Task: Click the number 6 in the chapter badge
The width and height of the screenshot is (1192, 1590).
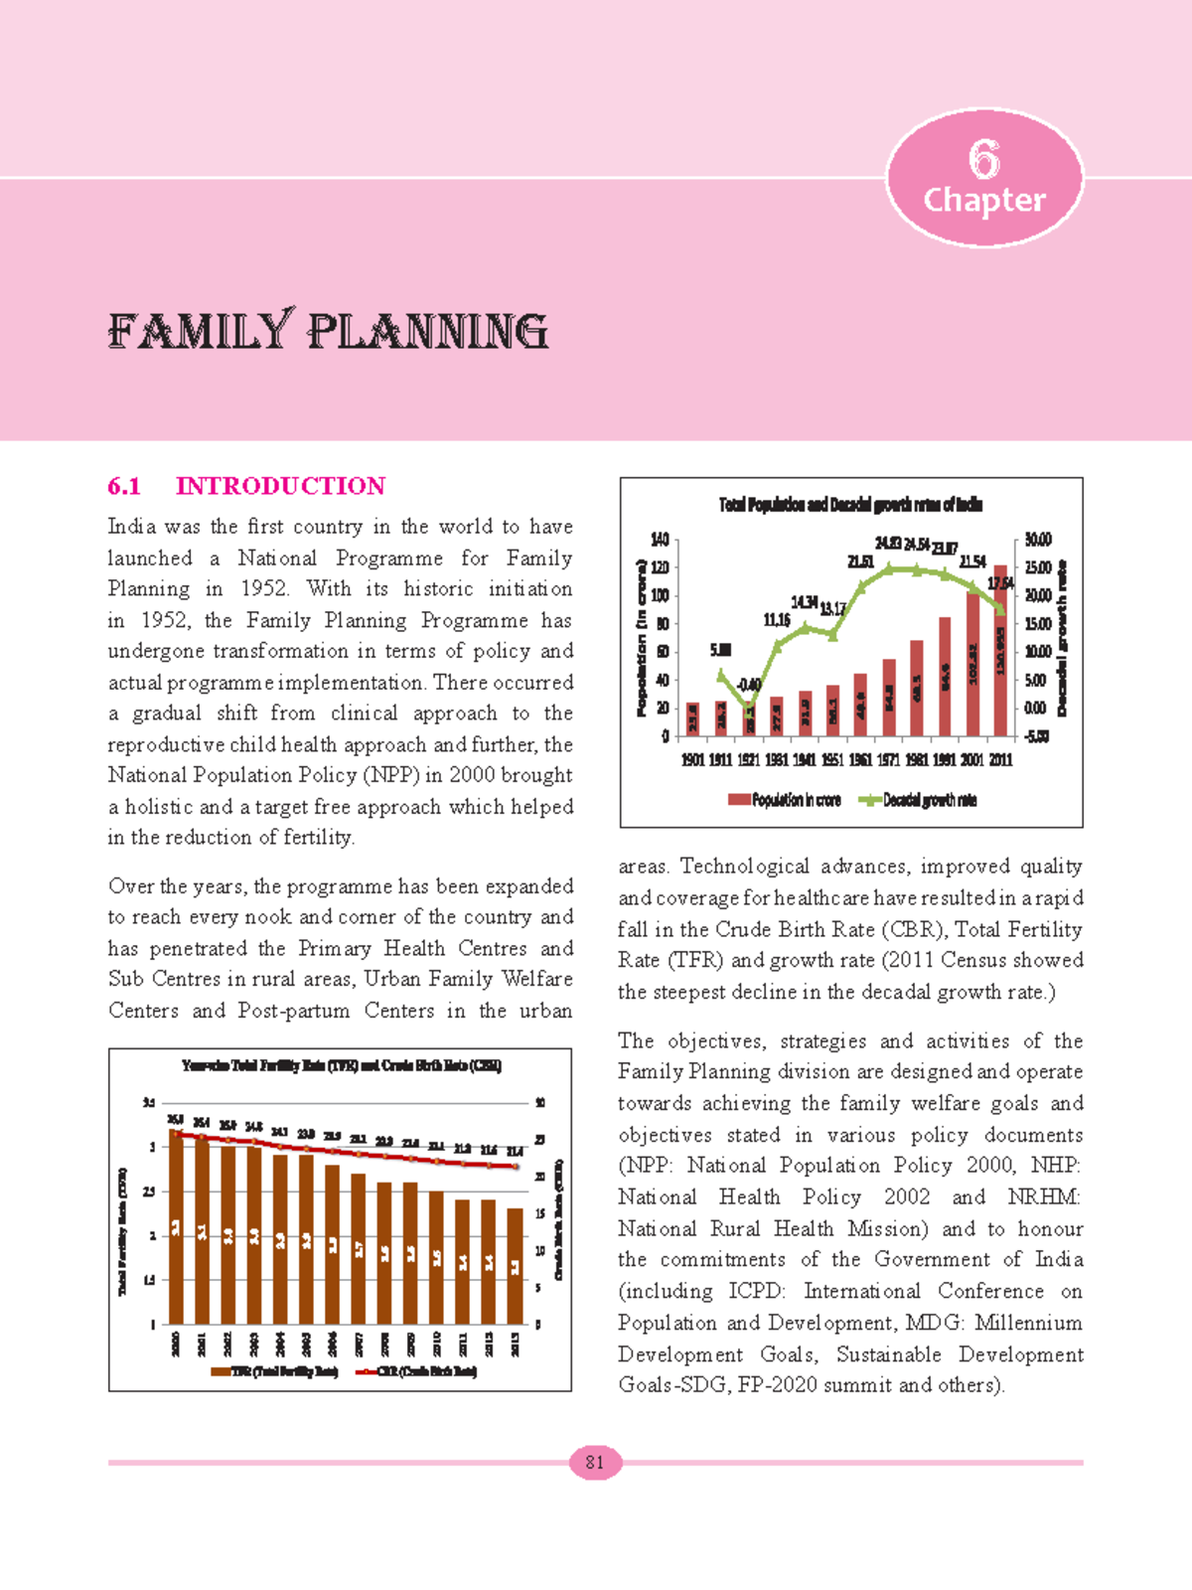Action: coord(983,159)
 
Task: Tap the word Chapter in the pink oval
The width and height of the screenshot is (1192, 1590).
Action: coord(983,200)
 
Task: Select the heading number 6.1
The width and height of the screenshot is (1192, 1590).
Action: coord(124,486)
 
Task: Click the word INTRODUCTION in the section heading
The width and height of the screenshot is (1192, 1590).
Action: coord(280,486)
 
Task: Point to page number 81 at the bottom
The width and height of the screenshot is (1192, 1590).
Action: coord(595,1462)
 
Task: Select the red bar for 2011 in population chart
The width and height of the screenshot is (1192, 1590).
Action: coord(1000,651)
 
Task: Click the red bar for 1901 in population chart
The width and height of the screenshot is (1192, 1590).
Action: coord(692,718)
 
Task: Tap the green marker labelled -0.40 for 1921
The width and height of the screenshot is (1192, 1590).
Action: coord(749,706)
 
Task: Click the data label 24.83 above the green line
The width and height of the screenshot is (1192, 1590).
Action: coord(888,544)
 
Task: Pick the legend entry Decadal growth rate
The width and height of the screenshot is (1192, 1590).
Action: coord(918,800)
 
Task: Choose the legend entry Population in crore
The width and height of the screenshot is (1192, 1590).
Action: coord(785,800)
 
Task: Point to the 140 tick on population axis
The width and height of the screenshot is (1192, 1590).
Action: coord(660,540)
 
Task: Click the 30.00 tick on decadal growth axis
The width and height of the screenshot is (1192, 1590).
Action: coord(1038,540)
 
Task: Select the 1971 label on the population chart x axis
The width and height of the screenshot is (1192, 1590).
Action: coord(888,759)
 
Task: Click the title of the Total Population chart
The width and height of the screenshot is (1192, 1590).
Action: coord(850,505)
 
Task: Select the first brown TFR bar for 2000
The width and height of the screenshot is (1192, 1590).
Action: coord(176,1227)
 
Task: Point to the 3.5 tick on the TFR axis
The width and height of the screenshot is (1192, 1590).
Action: coord(149,1103)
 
